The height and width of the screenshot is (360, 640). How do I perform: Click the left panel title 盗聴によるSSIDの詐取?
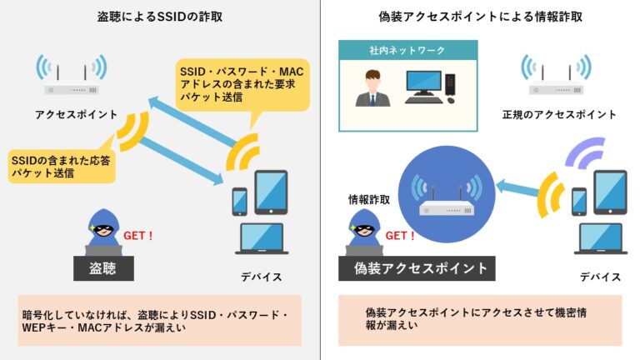pos(160,17)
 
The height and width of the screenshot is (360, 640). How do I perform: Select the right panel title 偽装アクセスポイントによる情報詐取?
pos(480,17)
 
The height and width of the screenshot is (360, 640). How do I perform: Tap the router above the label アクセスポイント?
pos(72,75)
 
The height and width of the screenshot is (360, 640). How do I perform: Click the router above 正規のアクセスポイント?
pos(556,75)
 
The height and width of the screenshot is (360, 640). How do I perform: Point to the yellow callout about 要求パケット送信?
pos(242,84)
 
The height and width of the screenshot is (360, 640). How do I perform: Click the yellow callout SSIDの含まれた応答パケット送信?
pos(61,166)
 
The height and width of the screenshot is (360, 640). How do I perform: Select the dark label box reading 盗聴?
pos(103,268)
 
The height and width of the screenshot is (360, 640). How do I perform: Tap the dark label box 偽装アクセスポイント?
pos(417,268)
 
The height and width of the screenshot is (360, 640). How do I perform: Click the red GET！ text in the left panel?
pos(138,236)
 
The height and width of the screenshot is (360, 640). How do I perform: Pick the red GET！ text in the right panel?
pos(400,236)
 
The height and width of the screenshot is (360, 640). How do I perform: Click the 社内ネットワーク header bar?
pos(407,50)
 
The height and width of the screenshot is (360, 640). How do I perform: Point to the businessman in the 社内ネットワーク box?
pos(372,88)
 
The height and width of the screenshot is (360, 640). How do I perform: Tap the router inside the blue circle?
pos(447,196)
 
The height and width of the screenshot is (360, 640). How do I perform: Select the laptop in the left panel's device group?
pos(262,239)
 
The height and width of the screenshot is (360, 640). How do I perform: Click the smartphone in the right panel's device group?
pos(579,202)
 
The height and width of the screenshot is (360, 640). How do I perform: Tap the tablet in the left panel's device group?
pos(271,192)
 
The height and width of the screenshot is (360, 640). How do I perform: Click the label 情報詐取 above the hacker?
pos(369,200)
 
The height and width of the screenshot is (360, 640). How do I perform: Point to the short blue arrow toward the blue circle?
pos(517,188)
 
